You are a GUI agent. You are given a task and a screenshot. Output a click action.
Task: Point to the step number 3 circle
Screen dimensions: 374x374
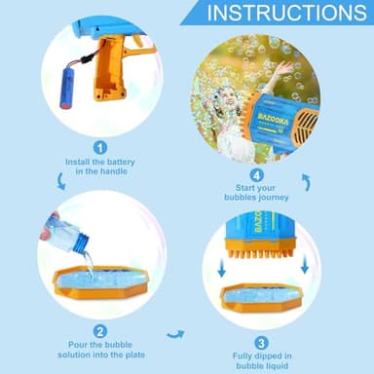click(261, 342)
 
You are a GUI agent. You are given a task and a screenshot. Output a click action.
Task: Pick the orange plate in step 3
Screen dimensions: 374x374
click(261, 298)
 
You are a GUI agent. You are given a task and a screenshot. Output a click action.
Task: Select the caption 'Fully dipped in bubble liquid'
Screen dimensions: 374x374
click(261, 361)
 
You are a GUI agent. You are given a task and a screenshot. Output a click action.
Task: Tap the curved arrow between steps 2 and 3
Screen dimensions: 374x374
click(176, 334)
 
